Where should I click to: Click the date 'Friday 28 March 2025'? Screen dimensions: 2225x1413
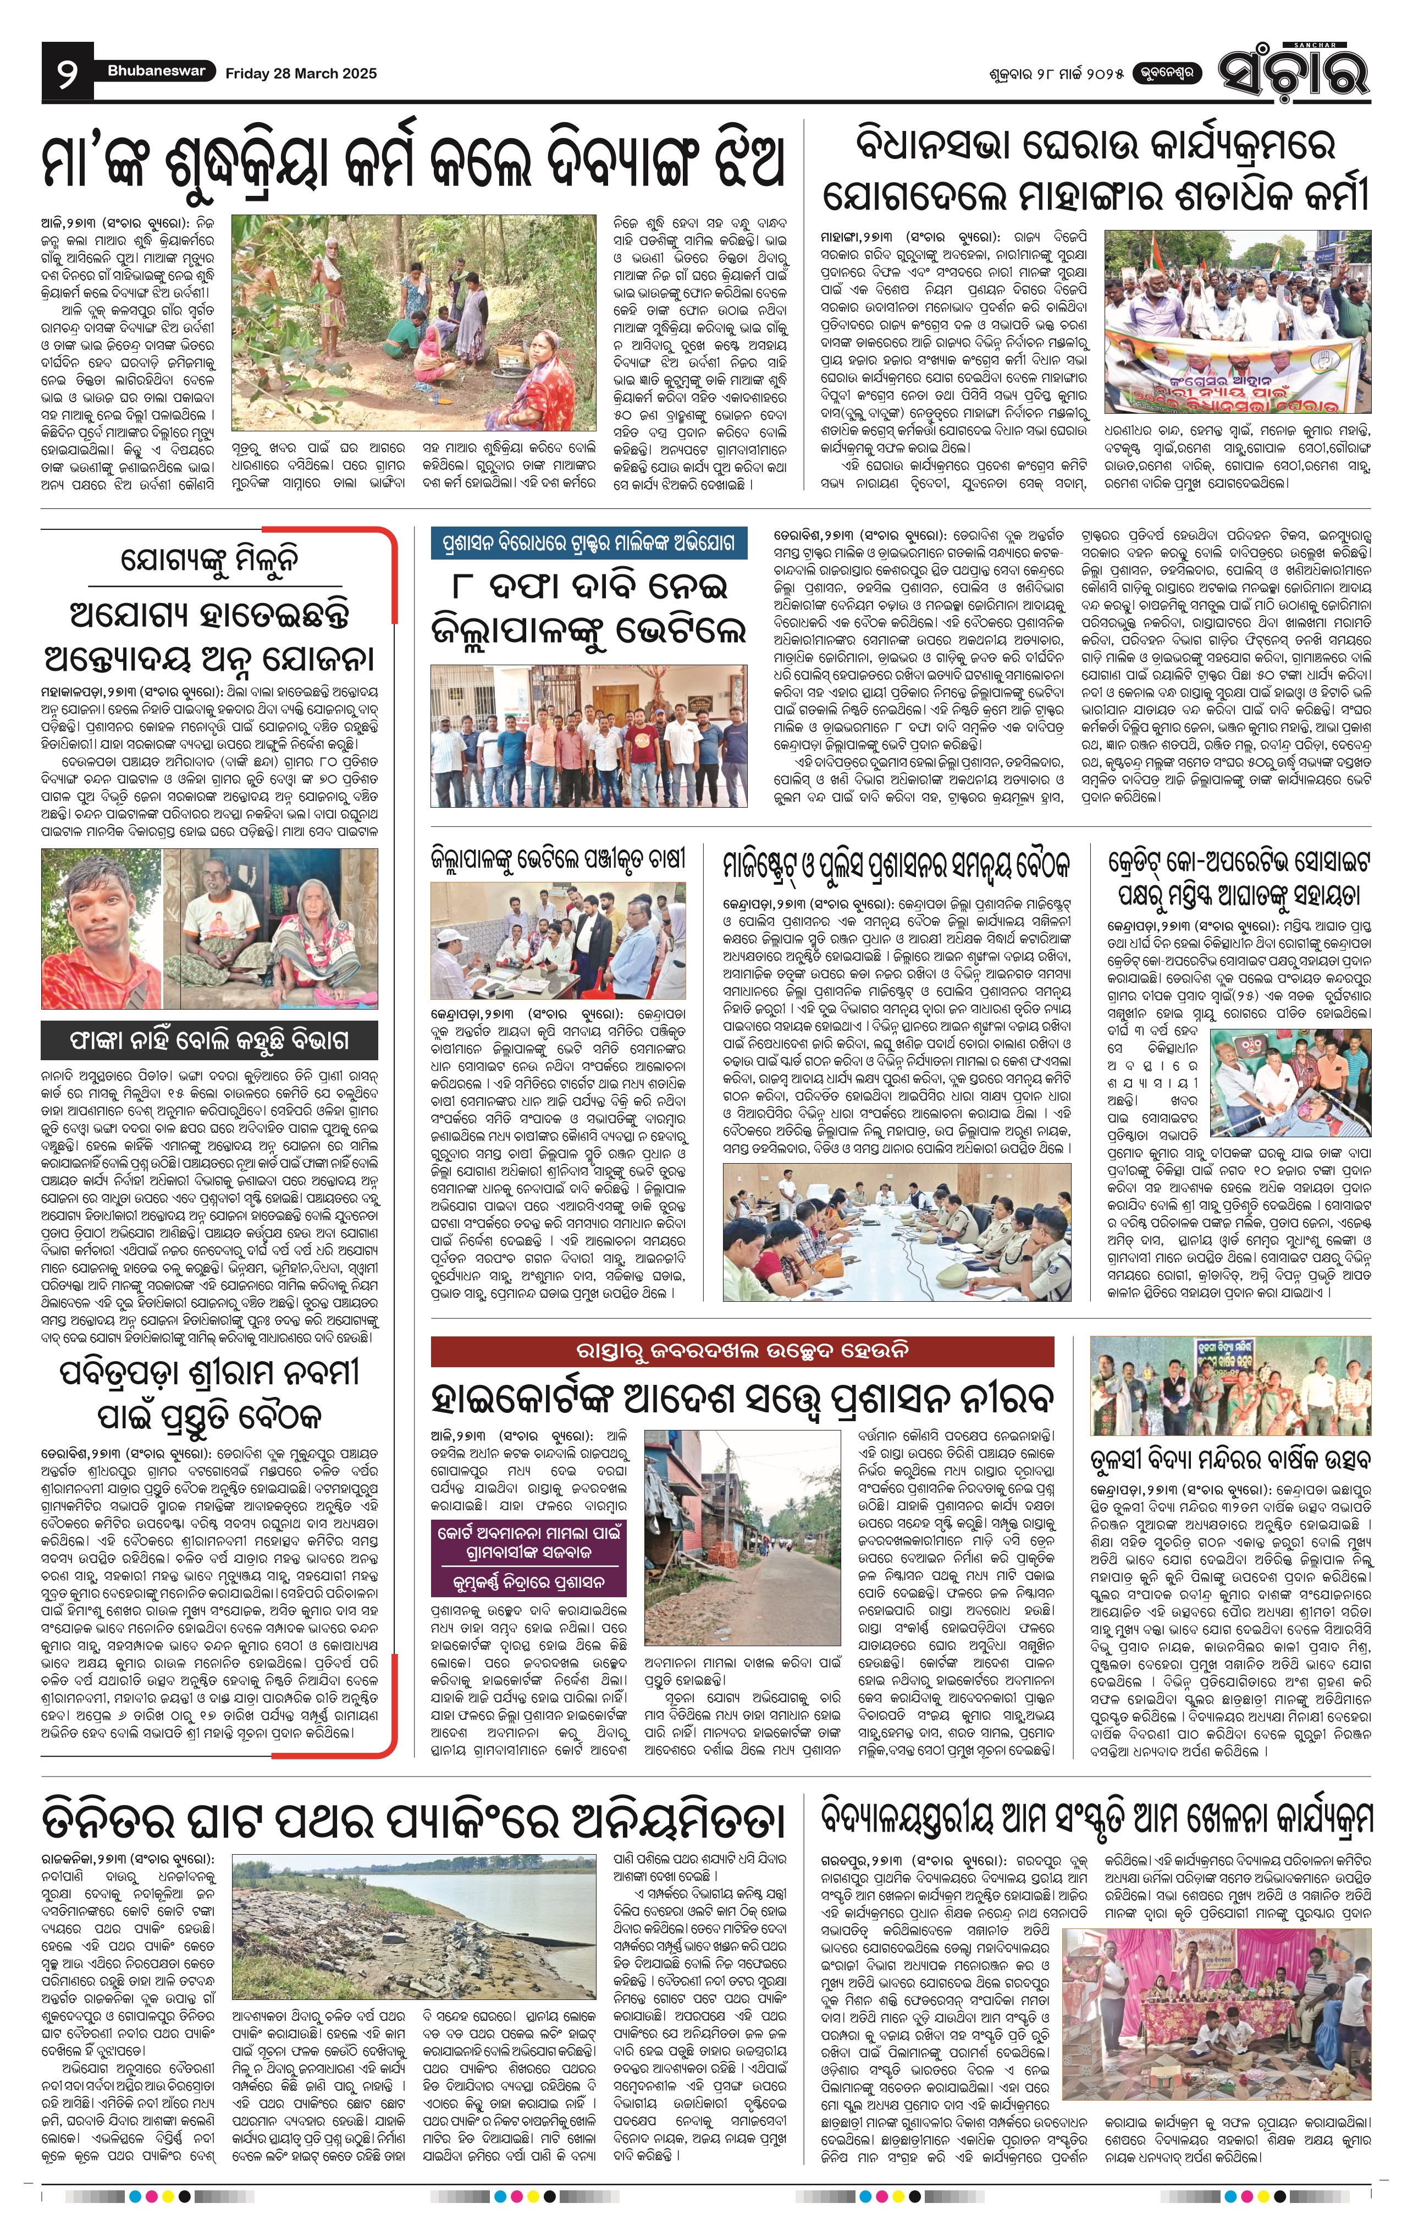coord(301,73)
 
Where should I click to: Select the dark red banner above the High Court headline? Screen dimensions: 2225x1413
coord(742,1351)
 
